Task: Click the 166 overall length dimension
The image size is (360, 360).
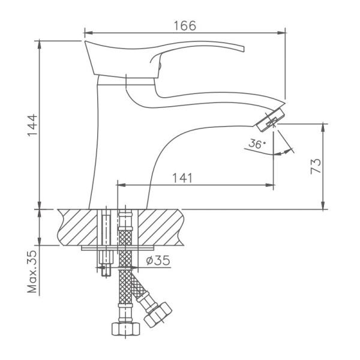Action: [185, 25]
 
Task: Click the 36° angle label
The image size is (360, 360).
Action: [256, 144]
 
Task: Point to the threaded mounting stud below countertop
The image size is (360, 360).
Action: [106, 264]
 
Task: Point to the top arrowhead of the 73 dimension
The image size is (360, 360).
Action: [325, 126]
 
